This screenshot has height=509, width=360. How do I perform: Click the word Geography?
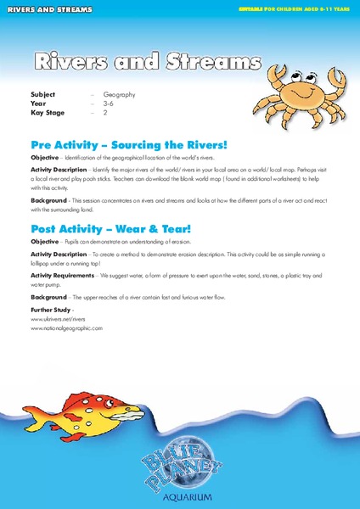coord(120,95)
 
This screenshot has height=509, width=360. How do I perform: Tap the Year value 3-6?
coord(108,103)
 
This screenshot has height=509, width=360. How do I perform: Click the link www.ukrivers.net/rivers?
coord(59,320)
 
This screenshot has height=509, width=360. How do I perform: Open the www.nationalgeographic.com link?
coord(66,327)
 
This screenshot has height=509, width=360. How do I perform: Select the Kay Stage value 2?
coord(105,112)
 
